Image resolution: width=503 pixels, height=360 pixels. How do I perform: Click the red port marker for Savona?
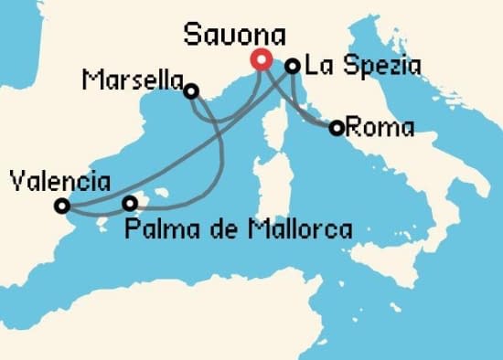(261, 60)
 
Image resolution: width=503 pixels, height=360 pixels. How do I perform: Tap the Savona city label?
(235, 35)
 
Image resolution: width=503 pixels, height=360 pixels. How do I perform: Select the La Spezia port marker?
(293, 66)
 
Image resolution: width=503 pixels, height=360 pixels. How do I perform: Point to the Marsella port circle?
(191, 90)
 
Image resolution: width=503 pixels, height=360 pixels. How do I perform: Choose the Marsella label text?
(130, 81)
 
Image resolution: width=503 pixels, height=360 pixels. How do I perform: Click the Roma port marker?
(337, 128)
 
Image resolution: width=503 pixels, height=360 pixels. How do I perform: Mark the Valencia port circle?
(62, 206)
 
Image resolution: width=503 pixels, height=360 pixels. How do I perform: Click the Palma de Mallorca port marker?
(130, 203)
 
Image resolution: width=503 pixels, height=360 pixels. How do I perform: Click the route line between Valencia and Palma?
(96, 213)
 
